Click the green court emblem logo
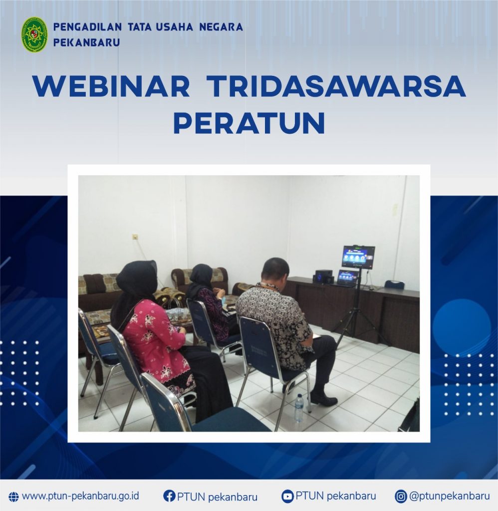34,35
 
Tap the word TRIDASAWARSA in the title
336,86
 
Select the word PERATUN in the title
249,123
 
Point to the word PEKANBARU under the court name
86,42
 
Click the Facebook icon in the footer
169,496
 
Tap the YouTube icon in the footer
287,497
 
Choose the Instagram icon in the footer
401,497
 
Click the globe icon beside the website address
13,497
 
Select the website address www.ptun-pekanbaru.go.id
80,496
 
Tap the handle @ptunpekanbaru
450,496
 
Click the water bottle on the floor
299,408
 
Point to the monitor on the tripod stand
358,257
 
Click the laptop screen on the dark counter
348,277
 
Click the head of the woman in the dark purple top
202,276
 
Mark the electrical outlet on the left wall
135,237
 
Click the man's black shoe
321,397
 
